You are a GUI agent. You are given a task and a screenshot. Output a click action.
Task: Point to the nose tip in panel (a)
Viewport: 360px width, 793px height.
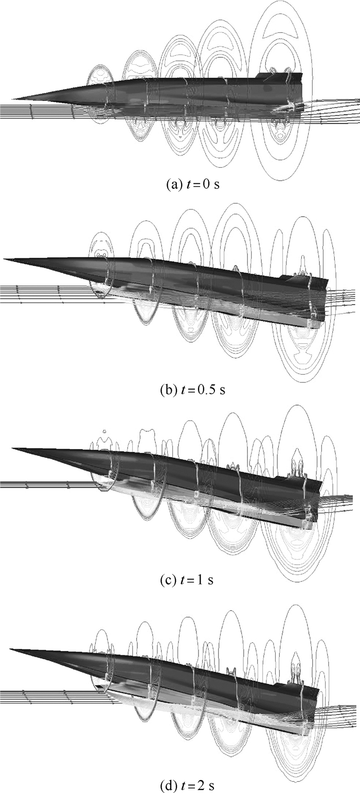pos(12,99)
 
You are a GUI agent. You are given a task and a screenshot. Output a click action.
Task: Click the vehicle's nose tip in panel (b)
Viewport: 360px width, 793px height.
pos(4,259)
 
